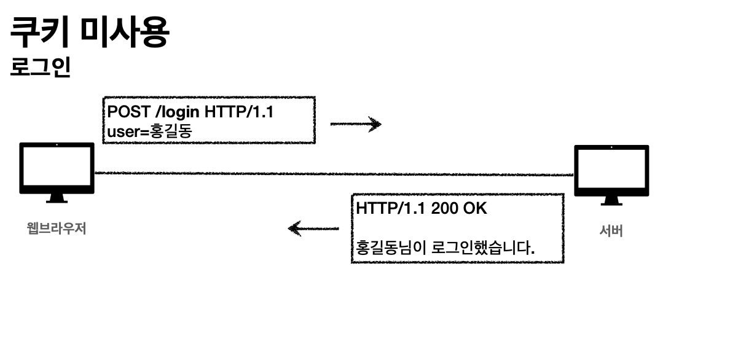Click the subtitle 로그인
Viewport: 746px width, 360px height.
[x=41, y=68]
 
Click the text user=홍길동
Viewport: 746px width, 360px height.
[x=149, y=130]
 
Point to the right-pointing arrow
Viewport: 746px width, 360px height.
[x=356, y=125]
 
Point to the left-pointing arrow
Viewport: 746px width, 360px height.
[x=313, y=229]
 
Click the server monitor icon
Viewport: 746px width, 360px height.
[x=611, y=170]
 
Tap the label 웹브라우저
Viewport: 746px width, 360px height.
[x=57, y=229]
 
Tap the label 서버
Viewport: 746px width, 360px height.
[x=611, y=232]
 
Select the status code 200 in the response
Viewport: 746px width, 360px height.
[x=444, y=208]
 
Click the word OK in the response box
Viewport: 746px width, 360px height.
[x=474, y=208]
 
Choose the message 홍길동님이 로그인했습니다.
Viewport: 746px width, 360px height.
[x=446, y=248]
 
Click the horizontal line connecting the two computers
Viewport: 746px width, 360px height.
[x=332, y=174]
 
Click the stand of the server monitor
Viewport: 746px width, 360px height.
[x=611, y=201]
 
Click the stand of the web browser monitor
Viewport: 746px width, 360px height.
[x=57, y=198]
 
